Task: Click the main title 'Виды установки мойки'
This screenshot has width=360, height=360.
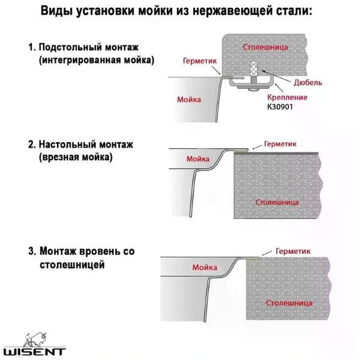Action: [180, 12]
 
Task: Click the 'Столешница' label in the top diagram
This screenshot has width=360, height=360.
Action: [265, 46]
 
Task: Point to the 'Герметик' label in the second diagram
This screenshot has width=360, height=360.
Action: [280, 144]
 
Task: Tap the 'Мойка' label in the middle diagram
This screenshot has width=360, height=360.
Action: [197, 159]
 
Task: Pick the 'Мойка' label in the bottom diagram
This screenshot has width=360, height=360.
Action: [205, 267]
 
